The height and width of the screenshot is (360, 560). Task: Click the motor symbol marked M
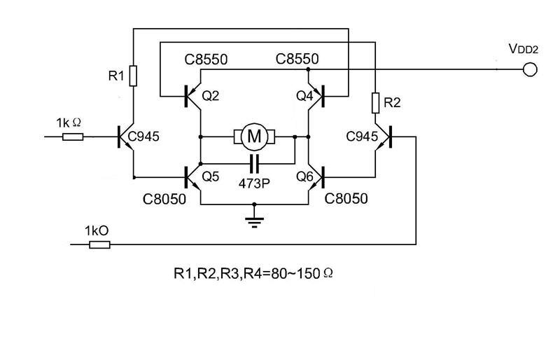[x=254, y=137]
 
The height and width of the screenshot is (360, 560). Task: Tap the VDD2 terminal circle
[x=530, y=69]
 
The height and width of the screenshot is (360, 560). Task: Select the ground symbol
[x=254, y=221]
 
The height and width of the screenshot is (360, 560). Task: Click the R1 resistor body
[x=133, y=76]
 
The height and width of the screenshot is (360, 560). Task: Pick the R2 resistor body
[x=375, y=103]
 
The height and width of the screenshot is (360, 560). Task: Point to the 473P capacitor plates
[x=254, y=164]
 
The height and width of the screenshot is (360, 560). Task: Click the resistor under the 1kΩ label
[x=73, y=137]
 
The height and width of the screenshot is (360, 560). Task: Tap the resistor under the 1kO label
[x=99, y=244]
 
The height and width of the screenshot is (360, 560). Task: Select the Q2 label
[x=211, y=96]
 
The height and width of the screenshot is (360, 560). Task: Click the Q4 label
[x=304, y=96]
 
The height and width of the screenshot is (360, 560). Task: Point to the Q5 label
[x=211, y=176]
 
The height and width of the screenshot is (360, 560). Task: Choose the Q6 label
[x=304, y=176]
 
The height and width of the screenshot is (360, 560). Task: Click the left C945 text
[x=143, y=137]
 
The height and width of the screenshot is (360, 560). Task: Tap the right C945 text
[x=362, y=137]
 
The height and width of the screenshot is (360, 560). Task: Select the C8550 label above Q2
[x=206, y=60]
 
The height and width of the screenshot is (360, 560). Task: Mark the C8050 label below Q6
[x=346, y=199]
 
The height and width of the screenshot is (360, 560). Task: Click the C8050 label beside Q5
[x=164, y=199]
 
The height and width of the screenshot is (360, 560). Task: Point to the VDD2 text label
[x=523, y=49]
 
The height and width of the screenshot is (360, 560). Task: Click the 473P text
[x=254, y=184]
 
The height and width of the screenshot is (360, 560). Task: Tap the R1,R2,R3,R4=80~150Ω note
[x=253, y=273]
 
